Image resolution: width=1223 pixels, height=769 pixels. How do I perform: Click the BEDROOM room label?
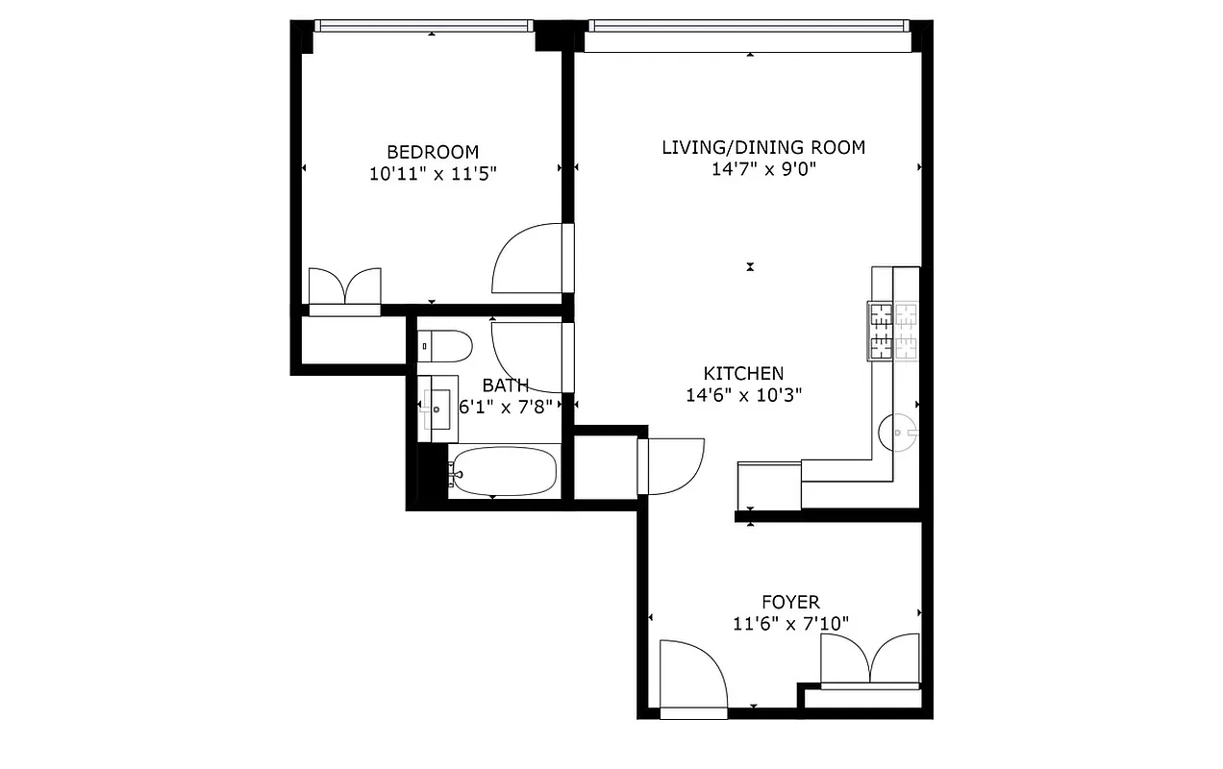(x=432, y=152)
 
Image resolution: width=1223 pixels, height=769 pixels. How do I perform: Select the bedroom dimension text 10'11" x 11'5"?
(x=432, y=174)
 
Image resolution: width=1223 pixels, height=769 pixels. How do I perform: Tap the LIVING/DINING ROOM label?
(x=763, y=147)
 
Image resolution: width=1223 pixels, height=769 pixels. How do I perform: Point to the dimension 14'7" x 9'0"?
(x=763, y=169)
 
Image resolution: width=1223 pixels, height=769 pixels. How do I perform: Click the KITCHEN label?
(x=743, y=373)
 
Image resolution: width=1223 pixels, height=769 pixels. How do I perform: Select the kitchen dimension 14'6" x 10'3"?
(x=743, y=394)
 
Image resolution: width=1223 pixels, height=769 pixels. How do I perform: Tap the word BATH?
(x=506, y=385)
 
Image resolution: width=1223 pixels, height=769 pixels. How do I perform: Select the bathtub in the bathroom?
(x=503, y=473)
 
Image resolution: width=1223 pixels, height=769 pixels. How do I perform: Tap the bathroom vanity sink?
(x=437, y=409)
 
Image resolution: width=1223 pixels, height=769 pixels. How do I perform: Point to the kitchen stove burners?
(x=893, y=332)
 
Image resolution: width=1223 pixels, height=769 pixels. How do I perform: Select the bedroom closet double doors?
(x=344, y=289)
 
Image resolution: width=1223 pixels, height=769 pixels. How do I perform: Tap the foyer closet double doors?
(x=870, y=661)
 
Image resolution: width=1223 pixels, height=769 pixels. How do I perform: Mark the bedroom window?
(x=423, y=26)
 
